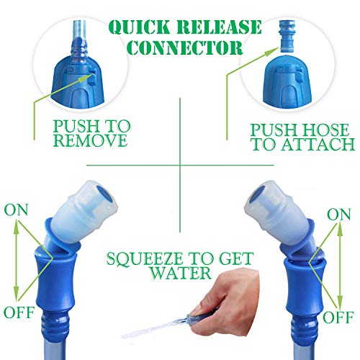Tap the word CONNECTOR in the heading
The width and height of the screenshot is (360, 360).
point(185,48)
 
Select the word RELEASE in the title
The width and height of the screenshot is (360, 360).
point(219,27)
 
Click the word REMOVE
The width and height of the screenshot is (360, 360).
point(91,140)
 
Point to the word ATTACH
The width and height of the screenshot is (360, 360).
point(318,144)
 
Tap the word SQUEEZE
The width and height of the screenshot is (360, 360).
point(144,258)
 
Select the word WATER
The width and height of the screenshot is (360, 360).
point(181,273)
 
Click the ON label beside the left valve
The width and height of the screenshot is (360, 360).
point(16,210)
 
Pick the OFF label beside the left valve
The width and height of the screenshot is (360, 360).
point(19,312)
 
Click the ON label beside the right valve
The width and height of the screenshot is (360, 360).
point(339,215)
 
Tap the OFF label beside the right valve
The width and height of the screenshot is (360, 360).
point(338,317)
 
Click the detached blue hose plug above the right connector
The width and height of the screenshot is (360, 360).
point(287,36)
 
